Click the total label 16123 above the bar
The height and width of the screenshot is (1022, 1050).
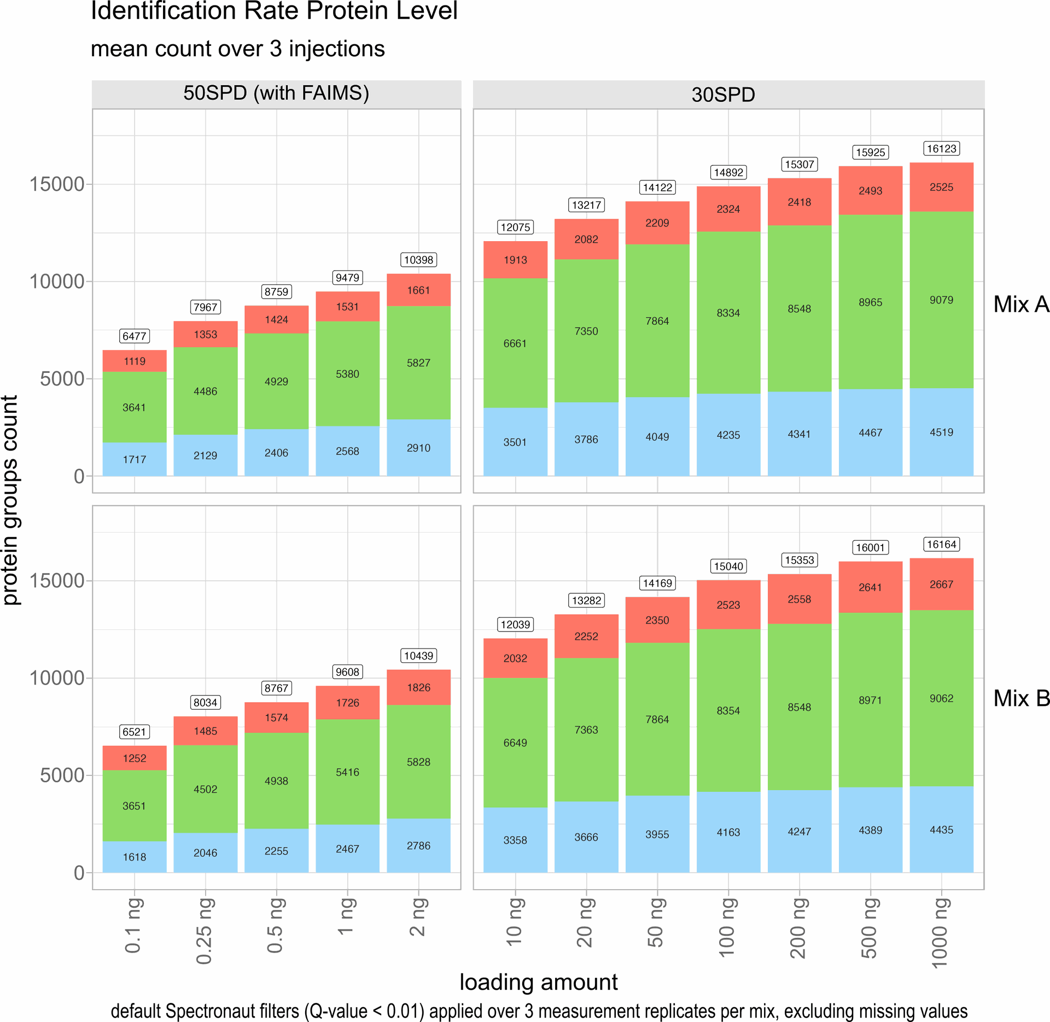(x=941, y=149)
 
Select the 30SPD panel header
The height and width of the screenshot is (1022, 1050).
(x=723, y=95)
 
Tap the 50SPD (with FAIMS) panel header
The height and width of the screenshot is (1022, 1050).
(x=276, y=93)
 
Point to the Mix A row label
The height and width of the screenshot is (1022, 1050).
(x=1021, y=304)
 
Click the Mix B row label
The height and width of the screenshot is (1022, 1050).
(x=1021, y=698)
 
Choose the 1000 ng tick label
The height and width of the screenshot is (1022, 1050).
(x=940, y=933)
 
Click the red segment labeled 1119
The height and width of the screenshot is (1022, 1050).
(x=135, y=361)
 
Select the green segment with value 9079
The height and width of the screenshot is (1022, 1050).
(x=941, y=300)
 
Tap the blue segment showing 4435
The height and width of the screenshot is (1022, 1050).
(x=941, y=830)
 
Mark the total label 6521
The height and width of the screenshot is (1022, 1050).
(x=135, y=732)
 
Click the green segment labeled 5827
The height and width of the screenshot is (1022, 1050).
(x=418, y=363)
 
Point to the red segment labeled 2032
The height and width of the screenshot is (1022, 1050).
(x=515, y=658)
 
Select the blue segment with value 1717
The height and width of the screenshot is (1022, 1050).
(x=135, y=459)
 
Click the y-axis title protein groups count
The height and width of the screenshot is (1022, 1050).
(x=11, y=500)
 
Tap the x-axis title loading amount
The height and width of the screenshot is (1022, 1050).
(x=538, y=982)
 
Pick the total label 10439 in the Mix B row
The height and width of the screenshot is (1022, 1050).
(x=418, y=656)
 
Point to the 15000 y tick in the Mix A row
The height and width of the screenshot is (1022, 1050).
(x=56, y=184)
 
